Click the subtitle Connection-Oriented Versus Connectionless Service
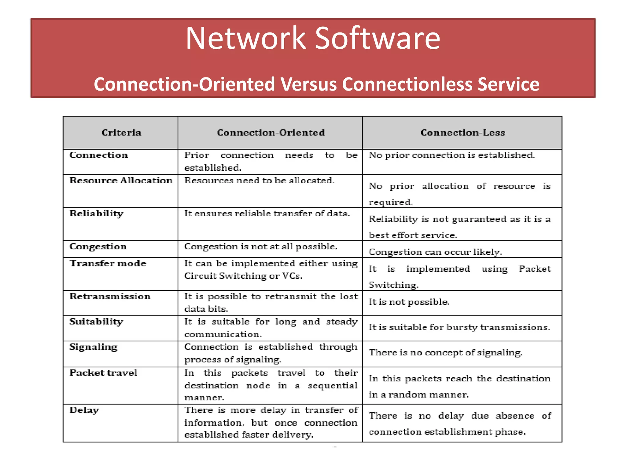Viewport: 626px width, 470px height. (x=316, y=84)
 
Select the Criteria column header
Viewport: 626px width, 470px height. (x=121, y=132)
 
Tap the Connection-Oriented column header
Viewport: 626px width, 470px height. (x=271, y=132)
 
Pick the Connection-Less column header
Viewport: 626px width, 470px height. (x=462, y=132)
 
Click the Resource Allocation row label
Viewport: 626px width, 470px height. (x=121, y=181)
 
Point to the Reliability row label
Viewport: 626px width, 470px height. (x=97, y=213)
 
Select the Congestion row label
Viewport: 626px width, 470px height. (x=98, y=246)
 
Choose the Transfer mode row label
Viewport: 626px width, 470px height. (x=108, y=263)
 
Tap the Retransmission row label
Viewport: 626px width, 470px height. (x=110, y=296)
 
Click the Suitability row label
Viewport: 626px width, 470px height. (x=96, y=322)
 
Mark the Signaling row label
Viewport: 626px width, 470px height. (x=94, y=347)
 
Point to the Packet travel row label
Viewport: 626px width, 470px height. (x=104, y=373)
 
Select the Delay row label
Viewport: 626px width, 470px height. (x=84, y=410)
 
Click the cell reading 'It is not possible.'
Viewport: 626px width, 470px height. (x=409, y=302)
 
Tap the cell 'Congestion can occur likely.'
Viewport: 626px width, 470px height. (x=435, y=252)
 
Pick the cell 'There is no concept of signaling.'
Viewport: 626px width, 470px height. (x=446, y=352)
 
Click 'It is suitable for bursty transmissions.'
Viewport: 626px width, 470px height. (x=459, y=327)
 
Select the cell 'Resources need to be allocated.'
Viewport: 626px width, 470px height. (x=260, y=181)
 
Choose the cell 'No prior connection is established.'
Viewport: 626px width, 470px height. (x=452, y=155)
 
